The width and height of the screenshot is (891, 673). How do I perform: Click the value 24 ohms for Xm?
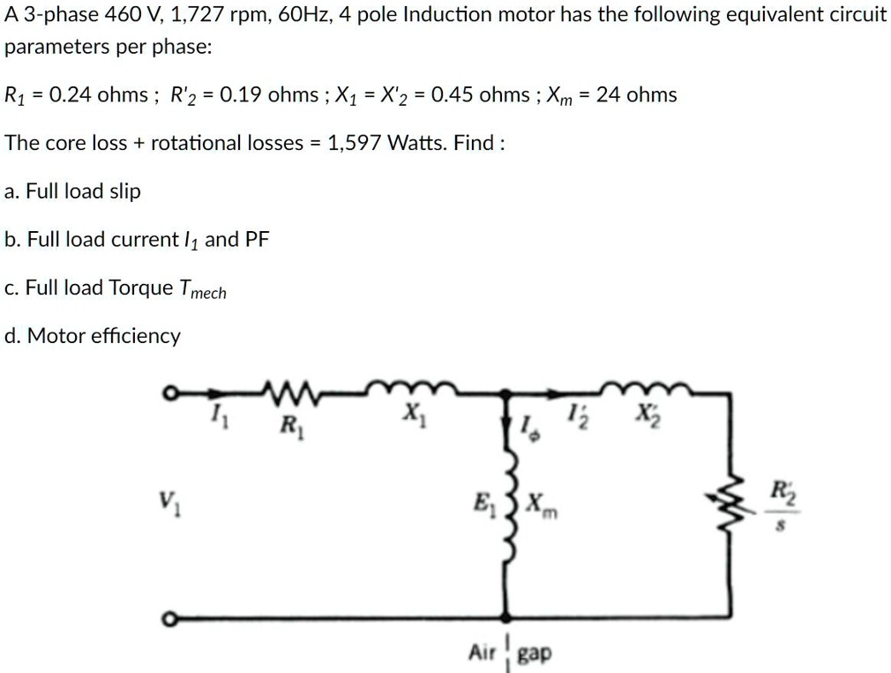636,94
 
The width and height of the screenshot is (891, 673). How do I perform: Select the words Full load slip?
83,191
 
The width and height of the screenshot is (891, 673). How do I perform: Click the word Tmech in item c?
202,289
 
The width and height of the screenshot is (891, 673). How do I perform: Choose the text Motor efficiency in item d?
103,336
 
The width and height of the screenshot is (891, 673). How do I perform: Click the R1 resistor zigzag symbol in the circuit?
288,389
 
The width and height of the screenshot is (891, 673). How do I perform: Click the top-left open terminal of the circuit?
167,393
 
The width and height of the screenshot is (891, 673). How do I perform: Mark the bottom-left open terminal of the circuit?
167,619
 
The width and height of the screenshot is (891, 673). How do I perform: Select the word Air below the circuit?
483,653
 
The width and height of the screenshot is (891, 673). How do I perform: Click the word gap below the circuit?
535,654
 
